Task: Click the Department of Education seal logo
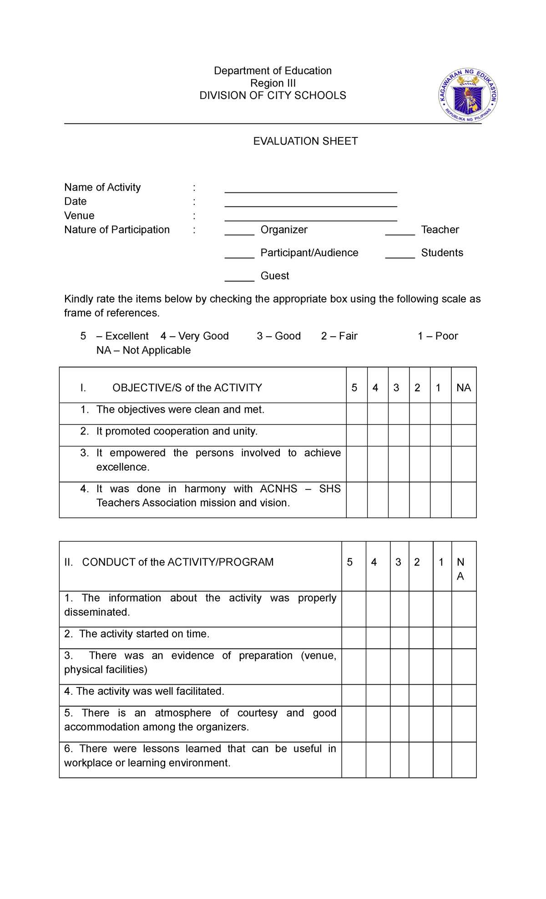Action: (x=468, y=96)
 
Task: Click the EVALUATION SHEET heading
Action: (x=305, y=141)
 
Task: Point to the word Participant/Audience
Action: (x=309, y=253)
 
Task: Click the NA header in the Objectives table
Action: (x=464, y=388)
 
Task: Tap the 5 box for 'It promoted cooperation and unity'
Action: (x=357, y=435)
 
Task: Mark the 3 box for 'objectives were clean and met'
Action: (x=399, y=414)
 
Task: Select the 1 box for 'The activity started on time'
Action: (x=442, y=638)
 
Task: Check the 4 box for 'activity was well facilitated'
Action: (x=378, y=695)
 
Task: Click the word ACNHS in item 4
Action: (x=278, y=489)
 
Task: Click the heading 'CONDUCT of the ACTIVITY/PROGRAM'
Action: (x=178, y=562)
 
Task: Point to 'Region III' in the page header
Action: (x=273, y=83)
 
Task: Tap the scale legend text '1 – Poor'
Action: (x=438, y=336)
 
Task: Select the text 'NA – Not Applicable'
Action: (x=143, y=350)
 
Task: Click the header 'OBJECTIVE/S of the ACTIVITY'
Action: (x=187, y=388)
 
